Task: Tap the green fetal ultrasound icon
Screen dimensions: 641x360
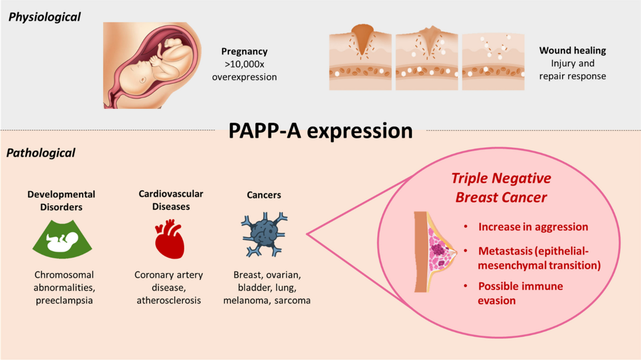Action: (62, 239)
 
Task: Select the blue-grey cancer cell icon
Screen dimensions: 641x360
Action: (264, 234)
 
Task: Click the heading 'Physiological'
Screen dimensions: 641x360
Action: (44, 17)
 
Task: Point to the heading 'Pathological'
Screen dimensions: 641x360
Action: (41, 153)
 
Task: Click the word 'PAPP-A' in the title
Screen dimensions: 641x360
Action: (265, 131)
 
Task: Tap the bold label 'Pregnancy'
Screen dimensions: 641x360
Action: (245, 51)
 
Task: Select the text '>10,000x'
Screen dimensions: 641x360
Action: (245, 65)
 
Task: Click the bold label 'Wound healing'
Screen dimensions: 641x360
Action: (573, 50)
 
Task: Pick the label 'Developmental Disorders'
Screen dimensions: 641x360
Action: (61, 201)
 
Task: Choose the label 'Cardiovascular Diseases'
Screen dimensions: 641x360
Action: (171, 200)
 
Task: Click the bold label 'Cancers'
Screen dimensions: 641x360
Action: (264, 195)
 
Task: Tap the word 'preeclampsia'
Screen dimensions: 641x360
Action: (64, 301)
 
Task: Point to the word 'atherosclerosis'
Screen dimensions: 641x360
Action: (169, 300)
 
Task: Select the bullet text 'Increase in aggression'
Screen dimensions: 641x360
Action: (533, 227)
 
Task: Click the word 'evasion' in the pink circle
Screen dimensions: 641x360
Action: (496, 301)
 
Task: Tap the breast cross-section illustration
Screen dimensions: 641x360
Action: (435, 252)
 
